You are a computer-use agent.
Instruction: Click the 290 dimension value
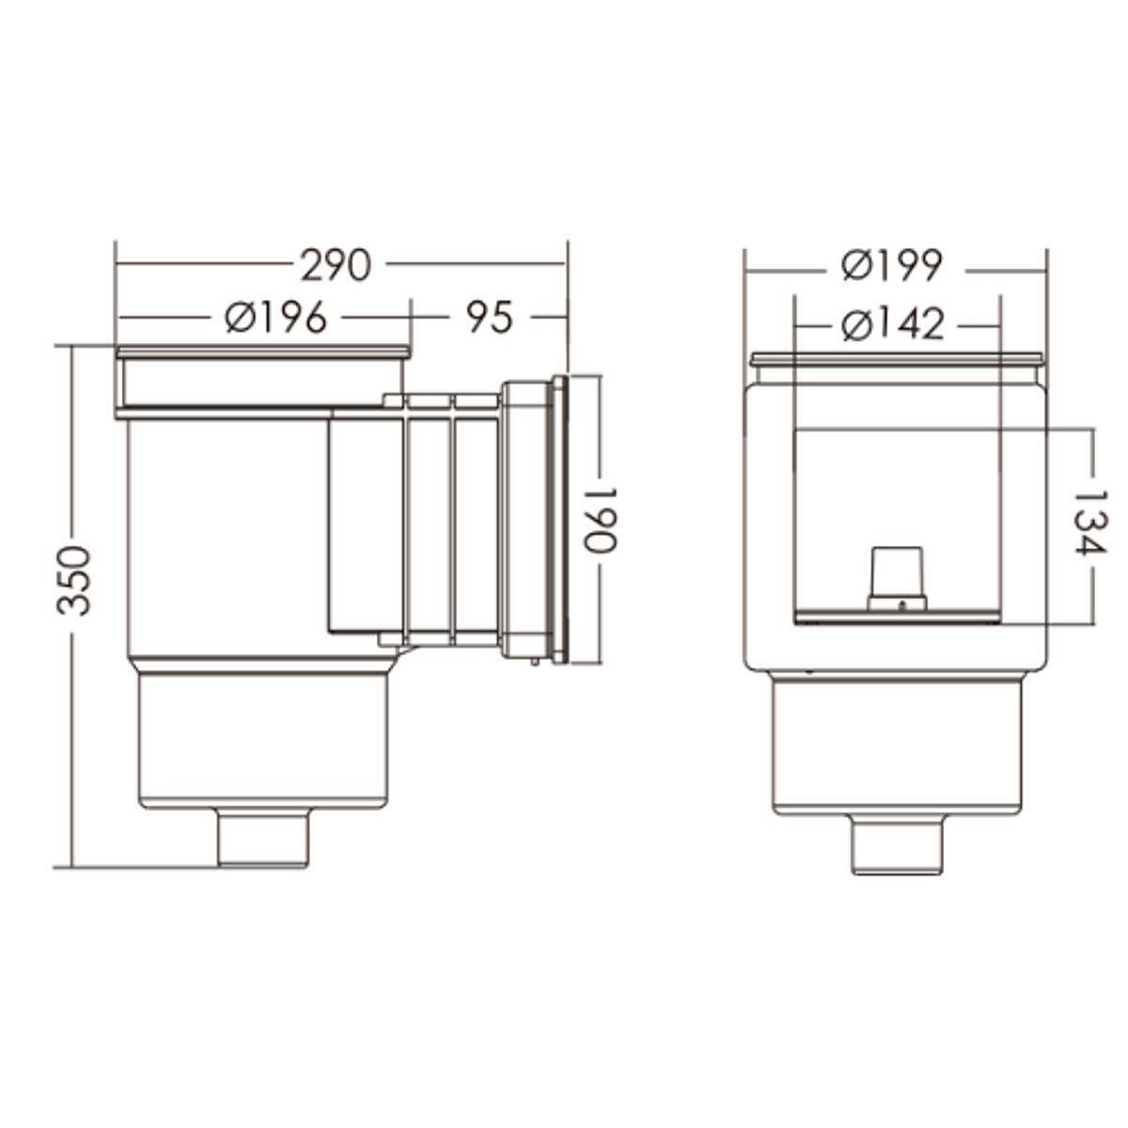click(x=337, y=266)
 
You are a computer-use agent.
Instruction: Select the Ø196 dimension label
click(x=275, y=318)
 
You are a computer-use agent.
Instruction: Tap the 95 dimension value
click(x=490, y=318)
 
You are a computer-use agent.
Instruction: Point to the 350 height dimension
click(x=74, y=580)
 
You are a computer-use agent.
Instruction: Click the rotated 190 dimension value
click(x=599, y=520)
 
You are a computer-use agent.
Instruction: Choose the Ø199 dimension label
click(x=892, y=266)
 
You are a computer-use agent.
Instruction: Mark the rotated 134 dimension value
click(x=1090, y=522)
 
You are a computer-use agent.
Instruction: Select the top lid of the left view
click(x=263, y=352)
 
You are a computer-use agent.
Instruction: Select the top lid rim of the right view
click(x=896, y=358)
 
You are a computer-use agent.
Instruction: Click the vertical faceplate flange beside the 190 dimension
click(x=560, y=520)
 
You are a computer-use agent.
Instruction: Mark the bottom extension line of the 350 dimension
click(x=141, y=867)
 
